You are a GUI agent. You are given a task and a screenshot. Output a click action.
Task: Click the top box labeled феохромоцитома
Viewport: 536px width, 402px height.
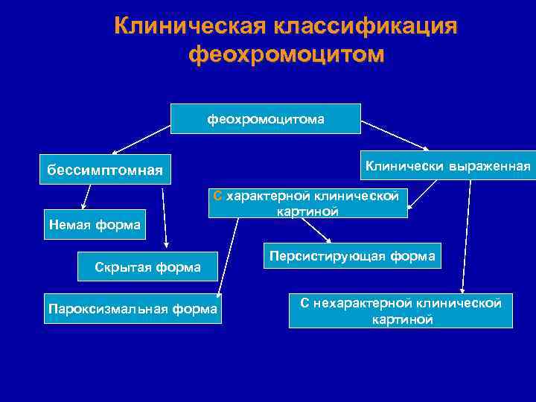pos(266,118)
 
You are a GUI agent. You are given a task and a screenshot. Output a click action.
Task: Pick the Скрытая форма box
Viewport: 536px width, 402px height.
pos(147,267)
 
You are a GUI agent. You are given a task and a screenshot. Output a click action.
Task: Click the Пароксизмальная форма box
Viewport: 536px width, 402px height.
pos(133,308)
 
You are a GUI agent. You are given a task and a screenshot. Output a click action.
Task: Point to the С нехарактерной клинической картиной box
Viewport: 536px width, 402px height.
pos(401,310)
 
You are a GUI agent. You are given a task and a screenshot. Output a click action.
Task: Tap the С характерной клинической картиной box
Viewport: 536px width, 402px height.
pos(307,202)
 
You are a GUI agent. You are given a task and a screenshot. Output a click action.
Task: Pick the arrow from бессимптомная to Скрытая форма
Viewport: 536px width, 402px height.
pos(166,216)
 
